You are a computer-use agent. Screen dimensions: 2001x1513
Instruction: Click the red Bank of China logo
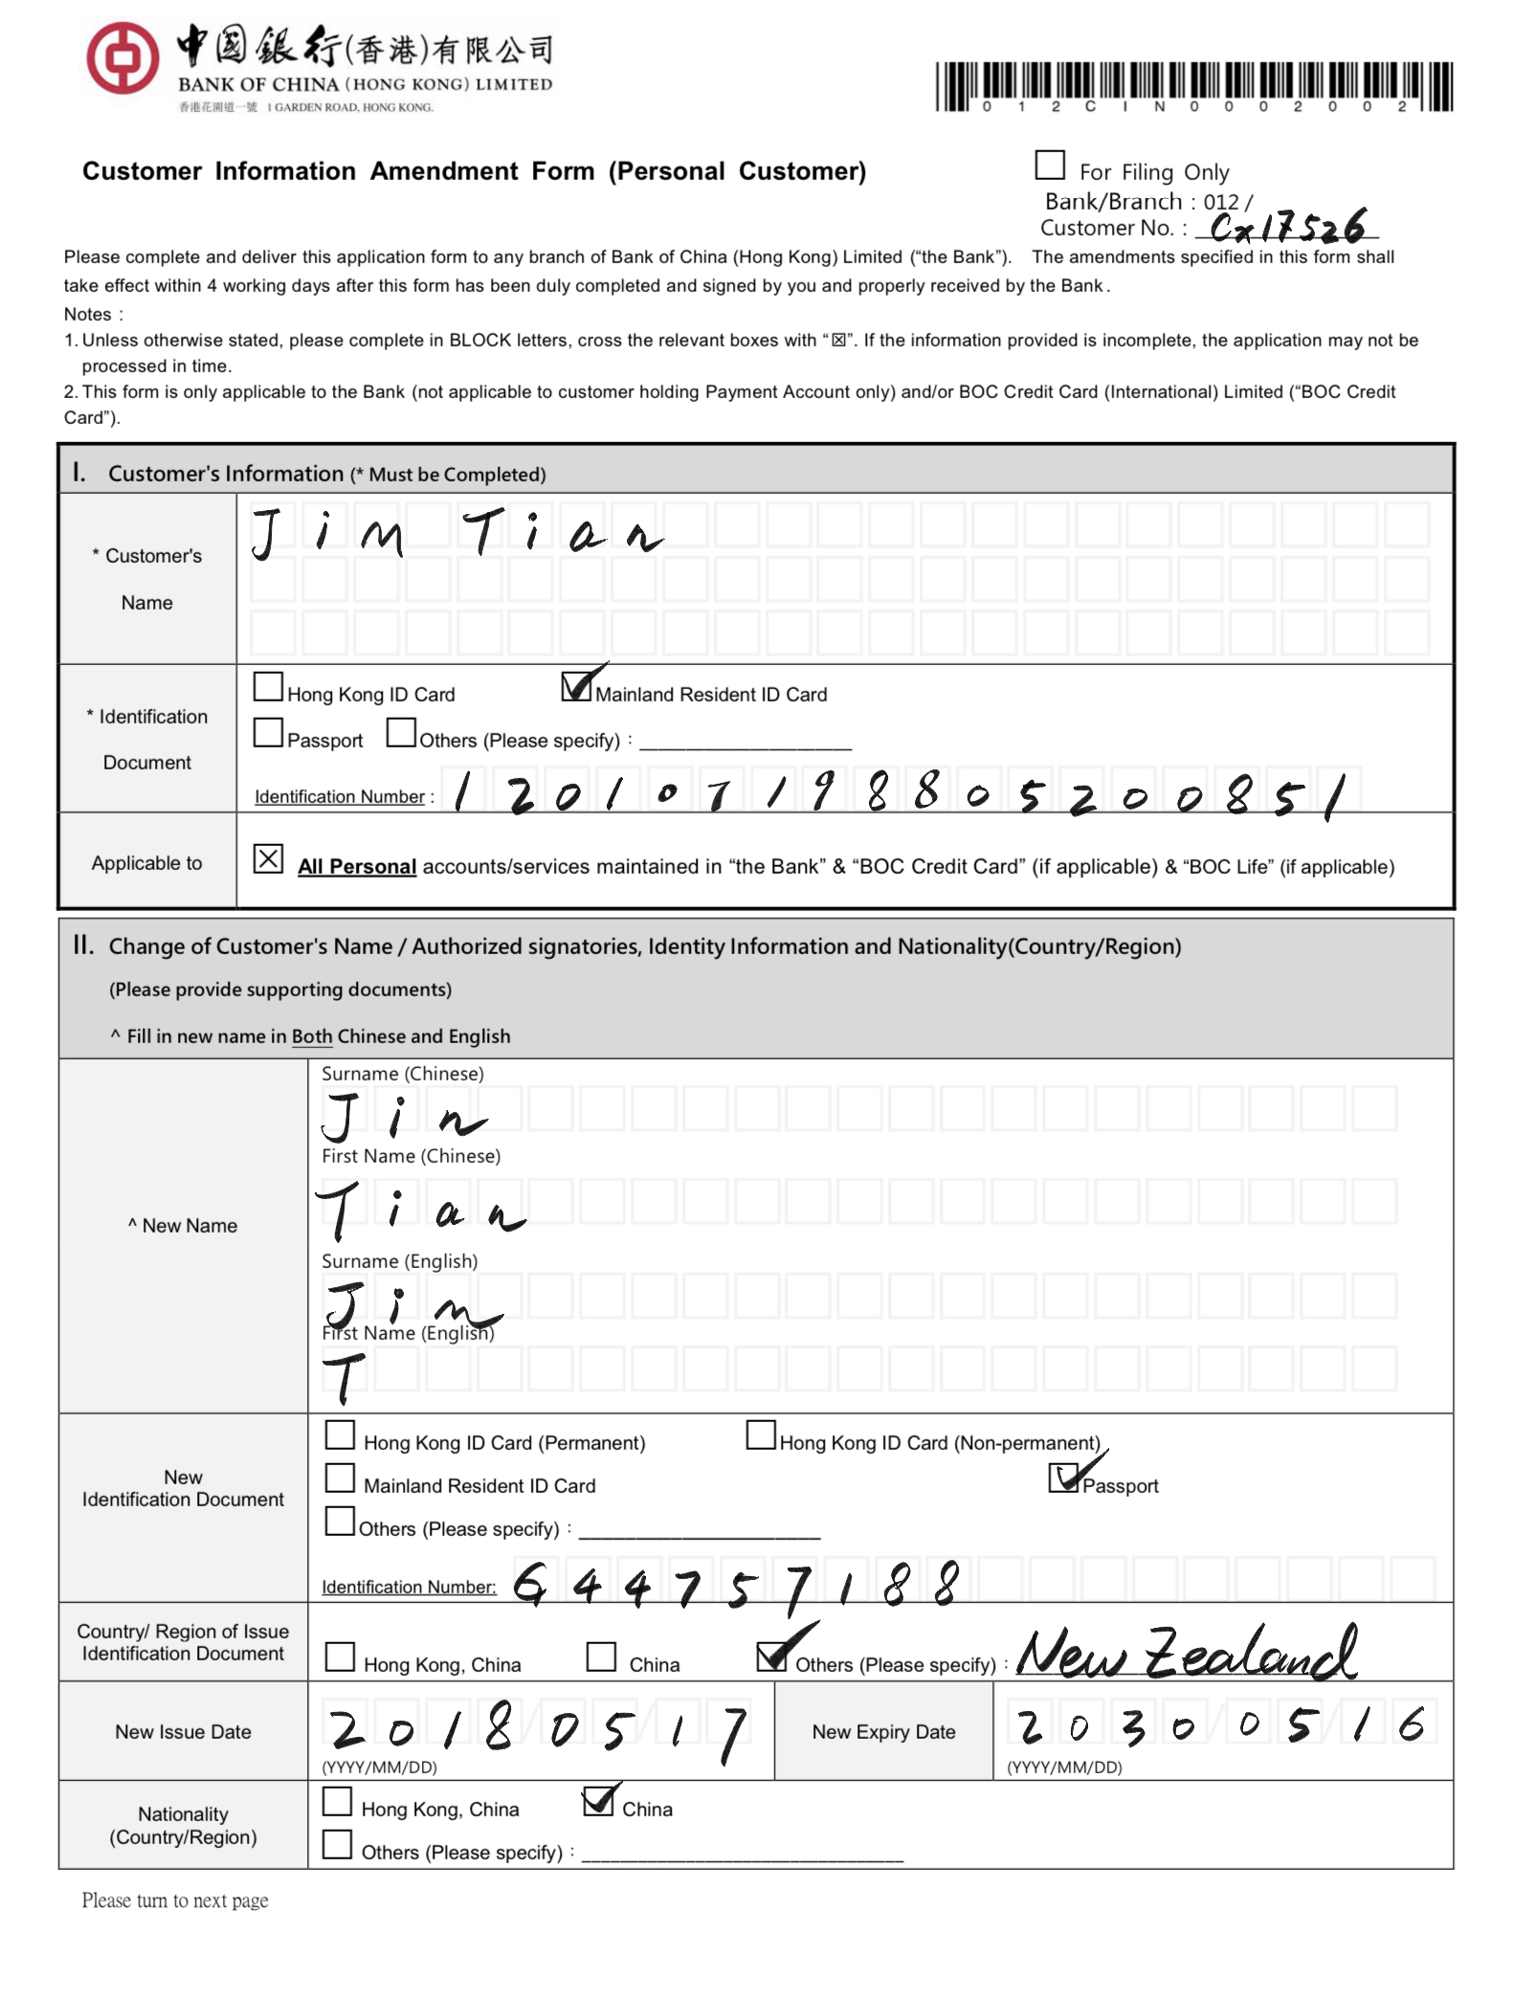pos(122,57)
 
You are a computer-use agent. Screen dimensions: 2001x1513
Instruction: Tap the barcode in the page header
pos(1193,87)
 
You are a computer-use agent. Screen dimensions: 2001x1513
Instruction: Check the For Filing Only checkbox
pos(1050,166)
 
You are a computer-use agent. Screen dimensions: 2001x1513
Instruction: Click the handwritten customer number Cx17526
pos(1287,228)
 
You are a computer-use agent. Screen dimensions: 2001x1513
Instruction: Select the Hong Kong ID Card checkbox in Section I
pos(268,687)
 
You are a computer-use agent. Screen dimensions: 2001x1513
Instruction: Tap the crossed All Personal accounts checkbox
pos(268,859)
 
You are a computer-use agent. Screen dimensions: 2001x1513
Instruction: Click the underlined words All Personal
pos(357,867)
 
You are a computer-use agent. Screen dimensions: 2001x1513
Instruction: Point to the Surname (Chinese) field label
pos(403,1074)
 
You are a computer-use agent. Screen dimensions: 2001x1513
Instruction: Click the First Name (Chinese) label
pos(411,1156)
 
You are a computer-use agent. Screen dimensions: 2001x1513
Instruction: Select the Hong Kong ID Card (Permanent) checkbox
pos(340,1435)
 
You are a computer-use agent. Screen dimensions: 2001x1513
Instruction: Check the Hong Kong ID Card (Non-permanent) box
pos(761,1435)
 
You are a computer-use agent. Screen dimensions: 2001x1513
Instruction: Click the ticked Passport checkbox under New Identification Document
pos(1063,1478)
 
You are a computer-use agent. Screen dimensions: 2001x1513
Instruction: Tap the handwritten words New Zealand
pos(1187,1653)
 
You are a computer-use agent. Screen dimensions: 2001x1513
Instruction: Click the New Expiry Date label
pos(883,1732)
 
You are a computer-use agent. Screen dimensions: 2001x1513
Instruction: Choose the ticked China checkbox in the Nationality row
pos(598,1802)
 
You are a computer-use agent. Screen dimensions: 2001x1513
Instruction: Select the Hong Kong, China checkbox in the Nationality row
pos(337,1802)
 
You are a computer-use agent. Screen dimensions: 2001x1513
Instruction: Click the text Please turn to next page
pos(175,1901)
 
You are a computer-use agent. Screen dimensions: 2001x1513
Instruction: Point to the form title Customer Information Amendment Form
pos(474,171)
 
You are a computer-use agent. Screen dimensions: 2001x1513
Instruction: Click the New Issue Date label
pos(183,1732)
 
